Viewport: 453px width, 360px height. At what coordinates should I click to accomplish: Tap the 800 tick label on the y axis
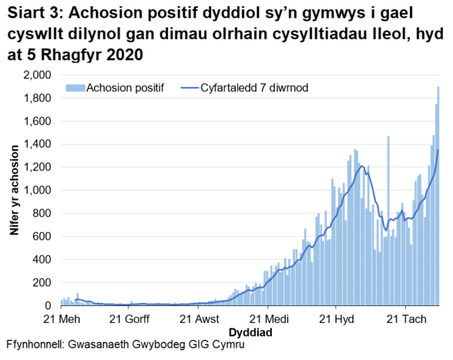point(42,214)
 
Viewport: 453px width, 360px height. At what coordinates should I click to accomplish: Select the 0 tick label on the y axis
point(49,305)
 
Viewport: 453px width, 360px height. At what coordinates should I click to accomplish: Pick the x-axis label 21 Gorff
point(129,318)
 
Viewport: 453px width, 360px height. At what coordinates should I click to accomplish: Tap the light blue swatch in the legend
point(75,88)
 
